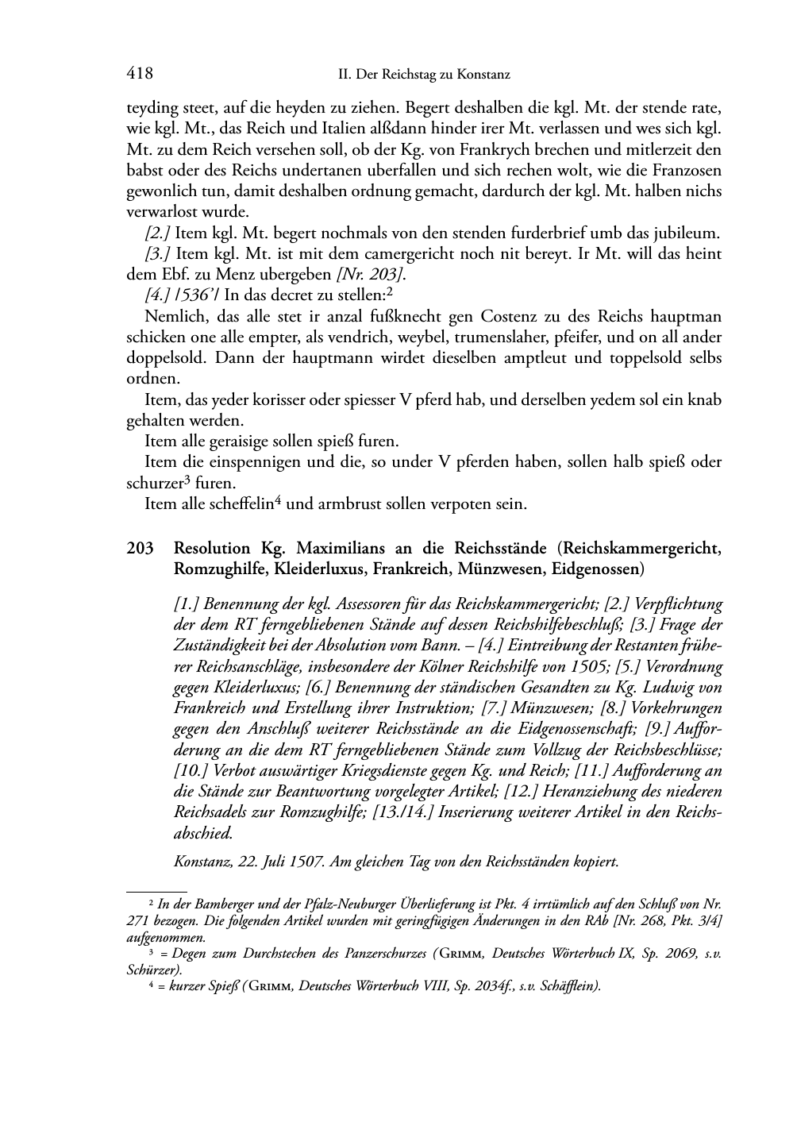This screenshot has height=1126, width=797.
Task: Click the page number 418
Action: click(x=140, y=74)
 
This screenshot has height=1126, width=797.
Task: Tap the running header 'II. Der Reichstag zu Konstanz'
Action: click(x=423, y=75)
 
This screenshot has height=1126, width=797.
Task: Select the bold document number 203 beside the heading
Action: click(x=140, y=549)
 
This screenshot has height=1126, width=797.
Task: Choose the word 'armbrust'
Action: click(x=337, y=503)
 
